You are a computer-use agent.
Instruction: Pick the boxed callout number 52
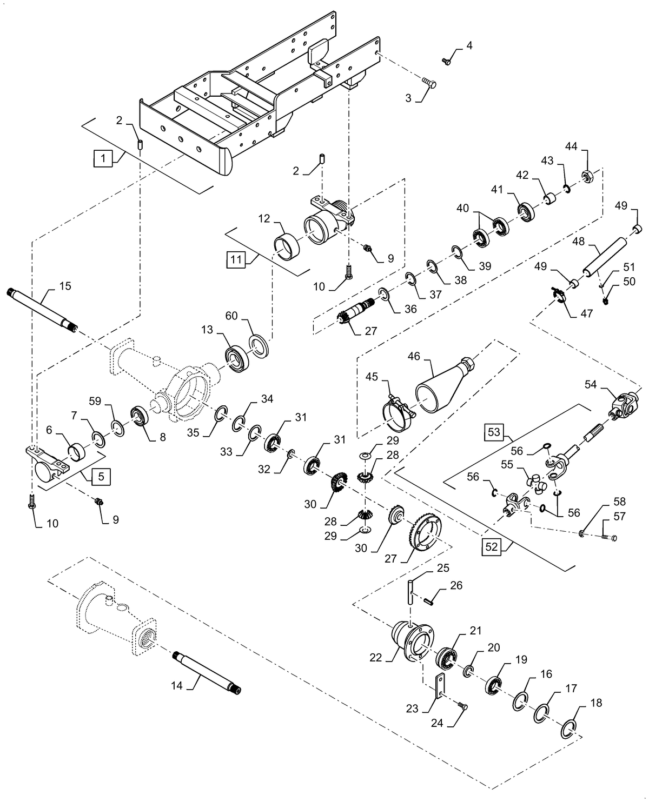pyautogui.click(x=491, y=547)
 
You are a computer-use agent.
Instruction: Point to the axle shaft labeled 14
pyautogui.click(x=206, y=672)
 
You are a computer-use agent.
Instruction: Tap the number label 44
pyautogui.click(x=572, y=147)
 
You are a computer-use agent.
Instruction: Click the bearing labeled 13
pyautogui.click(x=236, y=359)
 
